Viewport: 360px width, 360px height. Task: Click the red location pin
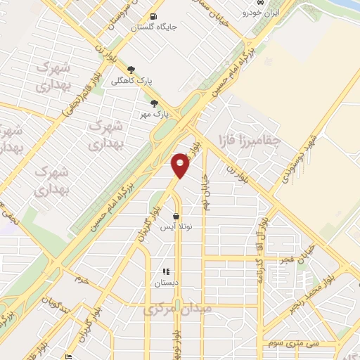coord(181,165)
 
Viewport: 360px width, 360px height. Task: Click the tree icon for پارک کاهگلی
coord(130,70)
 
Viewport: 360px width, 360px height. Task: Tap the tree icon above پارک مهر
coord(155,103)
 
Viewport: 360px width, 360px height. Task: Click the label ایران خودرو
coord(261,13)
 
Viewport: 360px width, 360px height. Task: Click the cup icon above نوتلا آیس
coord(176,217)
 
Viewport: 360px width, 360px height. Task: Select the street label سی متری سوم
coord(294,342)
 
